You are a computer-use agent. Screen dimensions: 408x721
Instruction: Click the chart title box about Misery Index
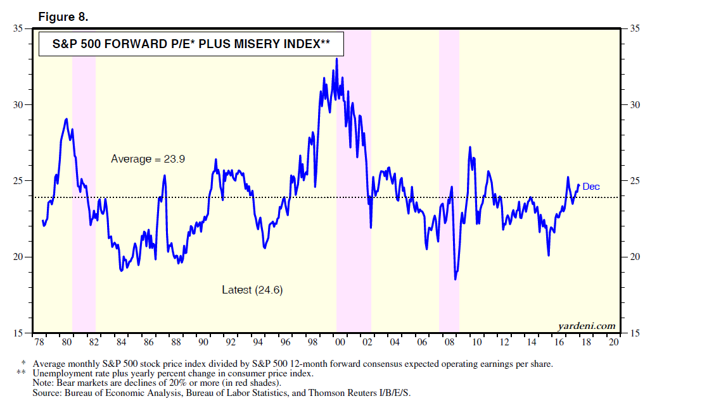(x=182, y=45)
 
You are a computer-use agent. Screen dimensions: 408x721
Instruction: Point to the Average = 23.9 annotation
(x=148, y=159)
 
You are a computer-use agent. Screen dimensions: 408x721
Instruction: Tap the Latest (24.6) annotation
(x=252, y=290)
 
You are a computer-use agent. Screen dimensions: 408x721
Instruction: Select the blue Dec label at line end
(x=590, y=187)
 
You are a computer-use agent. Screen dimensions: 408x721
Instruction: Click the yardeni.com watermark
(x=587, y=326)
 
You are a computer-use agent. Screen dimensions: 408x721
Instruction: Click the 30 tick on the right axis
(x=633, y=105)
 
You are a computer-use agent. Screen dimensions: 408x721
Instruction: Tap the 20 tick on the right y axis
(x=633, y=257)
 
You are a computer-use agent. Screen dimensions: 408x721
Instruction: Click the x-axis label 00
(x=340, y=342)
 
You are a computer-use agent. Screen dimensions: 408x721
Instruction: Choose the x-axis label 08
(x=449, y=342)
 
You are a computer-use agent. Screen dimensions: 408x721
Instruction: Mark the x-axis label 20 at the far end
(x=613, y=342)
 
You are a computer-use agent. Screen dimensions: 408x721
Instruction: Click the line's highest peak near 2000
(x=336, y=59)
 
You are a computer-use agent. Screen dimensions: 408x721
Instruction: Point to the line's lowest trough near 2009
(x=455, y=279)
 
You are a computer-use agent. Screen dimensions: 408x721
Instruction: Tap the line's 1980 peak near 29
(x=67, y=119)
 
